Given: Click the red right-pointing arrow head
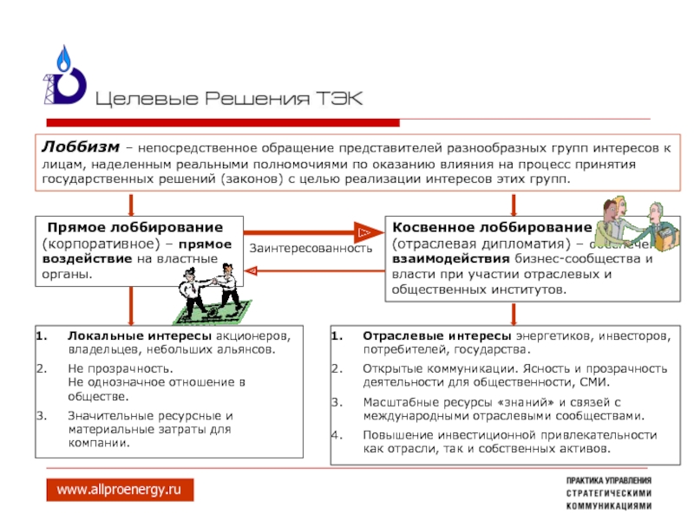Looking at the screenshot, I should (364, 232).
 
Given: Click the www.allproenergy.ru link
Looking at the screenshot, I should (120, 491).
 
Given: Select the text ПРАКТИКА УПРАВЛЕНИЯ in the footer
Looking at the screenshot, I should (609, 481).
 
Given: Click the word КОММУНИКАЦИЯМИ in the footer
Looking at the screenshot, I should (609, 505).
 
